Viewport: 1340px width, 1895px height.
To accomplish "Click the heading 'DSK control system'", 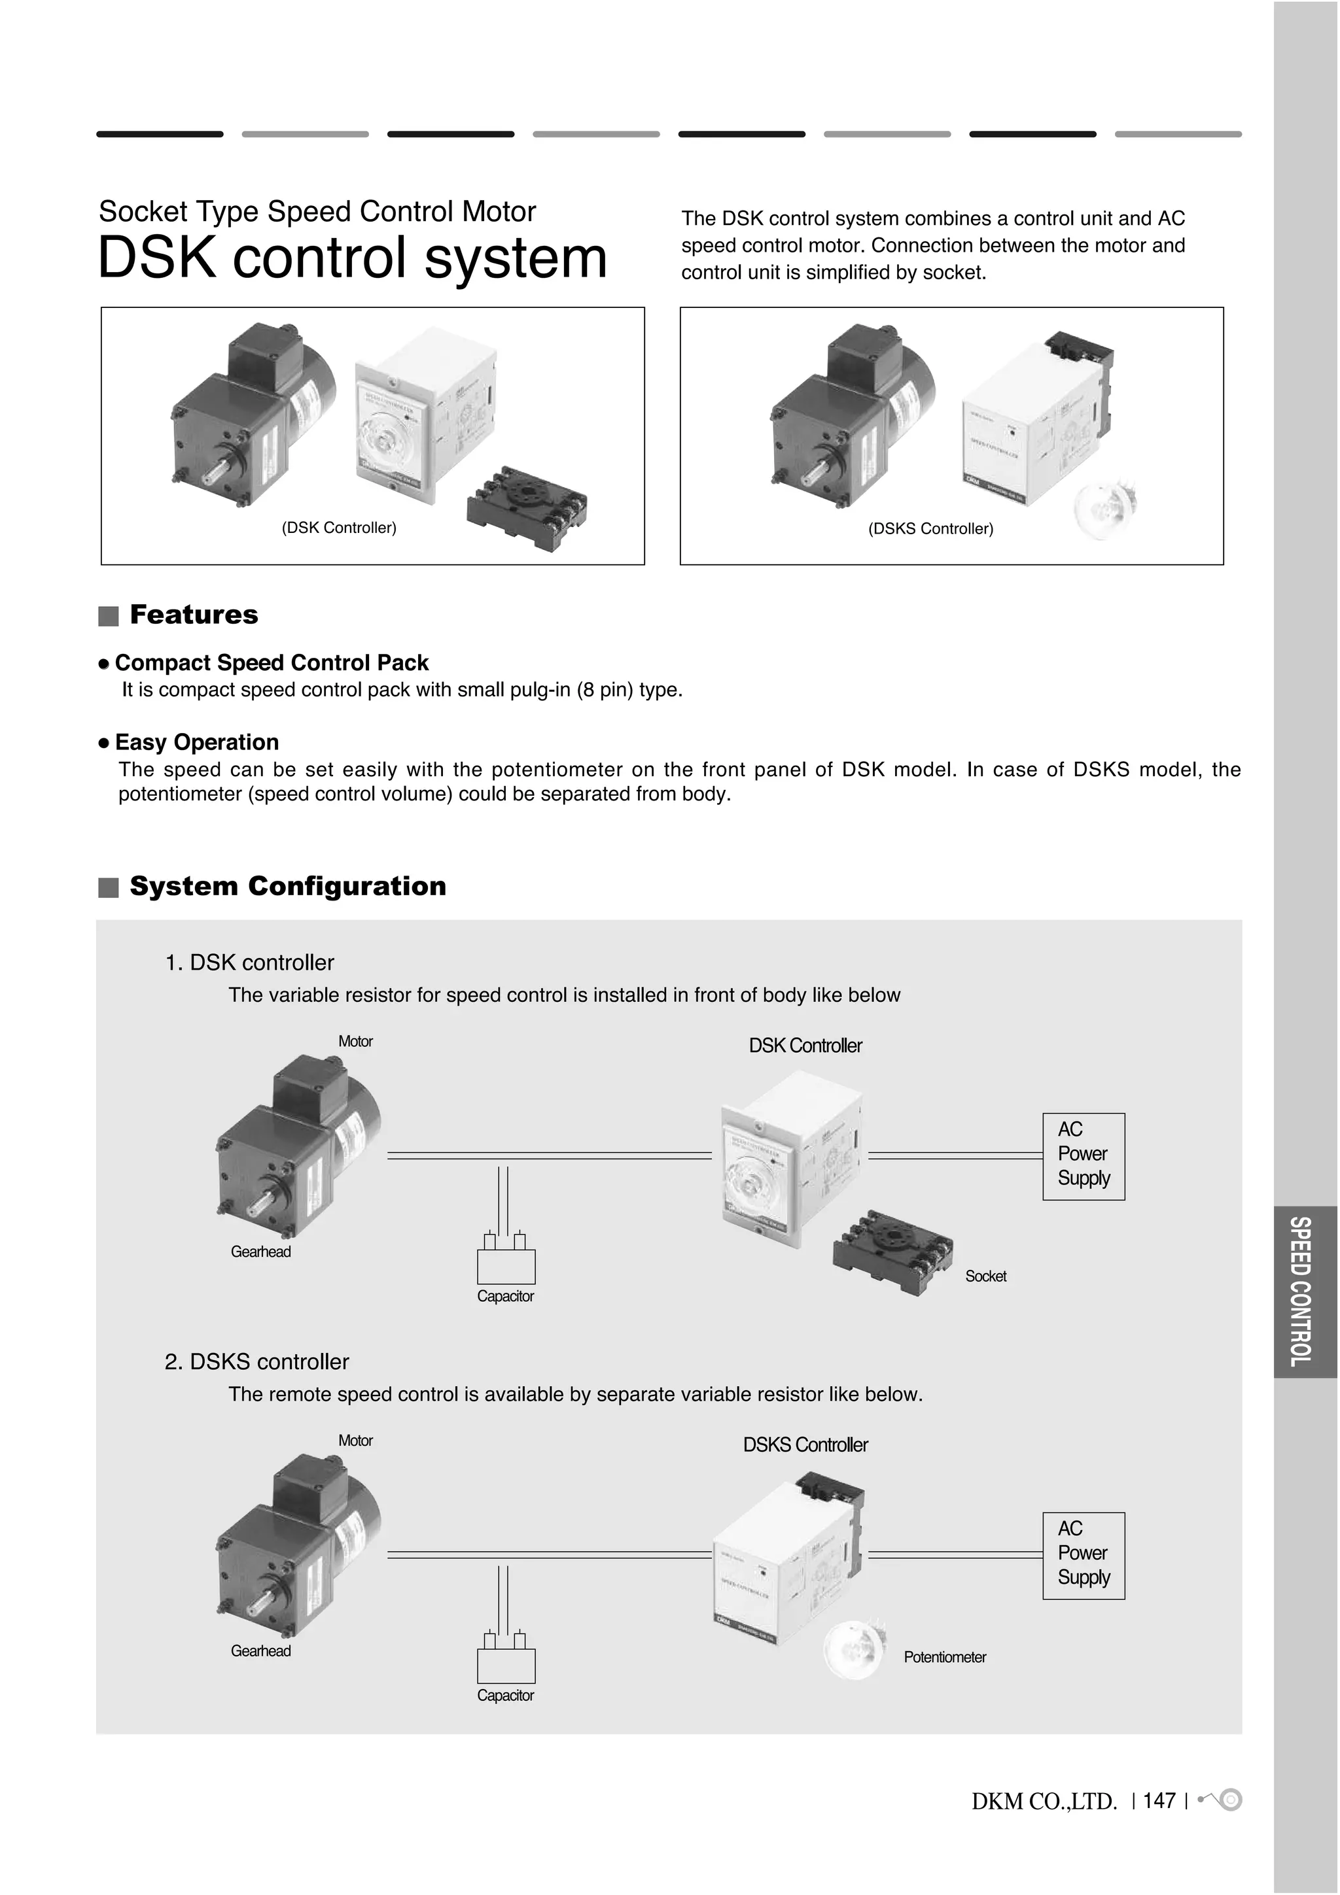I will point(352,258).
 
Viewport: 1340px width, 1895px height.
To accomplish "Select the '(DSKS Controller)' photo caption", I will point(930,529).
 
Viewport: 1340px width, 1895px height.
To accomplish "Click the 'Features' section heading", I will point(193,615).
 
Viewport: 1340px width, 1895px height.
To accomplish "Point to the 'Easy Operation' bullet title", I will point(196,742).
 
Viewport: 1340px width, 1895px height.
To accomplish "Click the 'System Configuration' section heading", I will point(287,887).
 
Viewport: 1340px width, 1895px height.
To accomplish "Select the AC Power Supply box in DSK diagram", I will point(1084,1156).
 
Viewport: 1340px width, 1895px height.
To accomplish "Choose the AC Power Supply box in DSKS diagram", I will point(1084,1555).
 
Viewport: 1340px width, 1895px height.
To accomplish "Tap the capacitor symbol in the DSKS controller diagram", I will point(506,1665).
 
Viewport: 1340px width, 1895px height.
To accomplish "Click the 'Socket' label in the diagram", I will point(986,1276).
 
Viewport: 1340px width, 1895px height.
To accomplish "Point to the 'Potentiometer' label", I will point(945,1657).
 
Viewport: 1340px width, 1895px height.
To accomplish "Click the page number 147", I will point(1159,1800).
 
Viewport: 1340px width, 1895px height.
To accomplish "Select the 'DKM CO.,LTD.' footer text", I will point(1044,1801).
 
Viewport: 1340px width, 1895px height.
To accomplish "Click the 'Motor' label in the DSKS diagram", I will point(355,1441).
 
